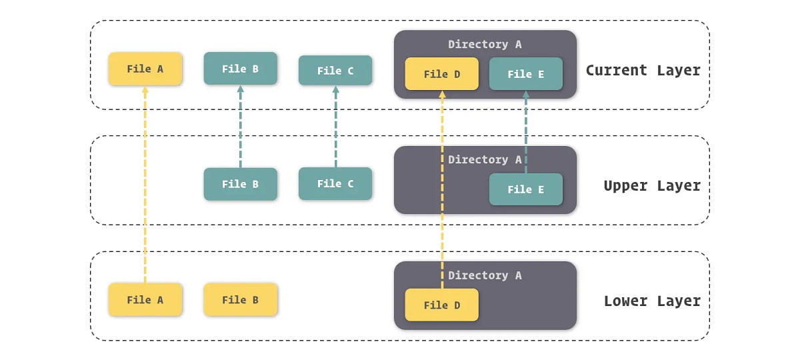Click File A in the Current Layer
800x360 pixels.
[145, 69]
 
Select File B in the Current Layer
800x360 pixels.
[240, 69]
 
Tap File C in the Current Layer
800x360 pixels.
[335, 71]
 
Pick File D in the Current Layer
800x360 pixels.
[441, 74]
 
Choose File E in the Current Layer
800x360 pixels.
[525, 74]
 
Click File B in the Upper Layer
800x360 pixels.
[240, 184]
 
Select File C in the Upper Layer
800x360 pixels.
[335, 184]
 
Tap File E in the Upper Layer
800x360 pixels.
[525, 189]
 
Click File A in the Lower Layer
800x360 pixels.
[145, 300]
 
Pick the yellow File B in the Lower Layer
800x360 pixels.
[240, 300]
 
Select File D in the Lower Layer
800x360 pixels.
[441, 305]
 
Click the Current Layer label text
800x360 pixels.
[643, 70]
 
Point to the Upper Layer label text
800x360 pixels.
[651, 185]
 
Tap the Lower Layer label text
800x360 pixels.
[651, 301]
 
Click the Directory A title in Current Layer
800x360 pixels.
[485, 45]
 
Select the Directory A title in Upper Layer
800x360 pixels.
[485, 160]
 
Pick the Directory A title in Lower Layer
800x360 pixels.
[485, 275]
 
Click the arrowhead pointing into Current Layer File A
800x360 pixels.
[145, 90]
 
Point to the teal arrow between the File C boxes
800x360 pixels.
[335, 127]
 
